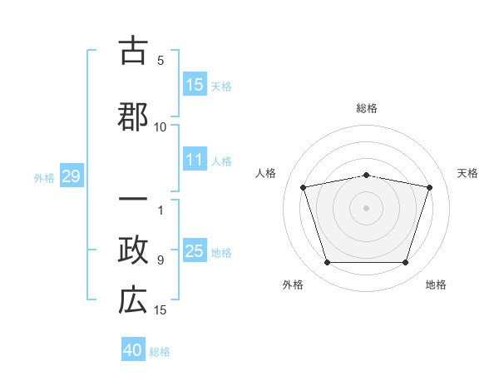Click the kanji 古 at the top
pyautogui.click(x=133, y=52)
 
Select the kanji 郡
pyautogui.click(x=133, y=116)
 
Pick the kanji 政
pyautogui.click(x=133, y=251)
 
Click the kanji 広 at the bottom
pyautogui.click(x=133, y=301)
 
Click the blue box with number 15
pyautogui.click(x=195, y=85)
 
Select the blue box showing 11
pyautogui.click(x=195, y=160)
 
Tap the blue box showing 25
pyautogui.click(x=195, y=251)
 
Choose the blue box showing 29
pyautogui.click(x=71, y=176)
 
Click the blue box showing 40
pyautogui.click(x=133, y=350)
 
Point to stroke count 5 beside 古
pyautogui.click(x=161, y=61)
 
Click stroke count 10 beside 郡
pyautogui.click(x=161, y=127)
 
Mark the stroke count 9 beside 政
pyautogui.click(x=161, y=260)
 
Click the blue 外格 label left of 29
pyautogui.click(x=44, y=177)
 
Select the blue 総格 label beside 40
pyautogui.click(x=160, y=351)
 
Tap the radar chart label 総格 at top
pyautogui.click(x=367, y=109)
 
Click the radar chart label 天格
pyautogui.click(x=467, y=173)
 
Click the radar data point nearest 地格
pyautogui.click(x=405, y=263)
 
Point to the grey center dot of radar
pyautogui.click(x=367, y=208)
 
